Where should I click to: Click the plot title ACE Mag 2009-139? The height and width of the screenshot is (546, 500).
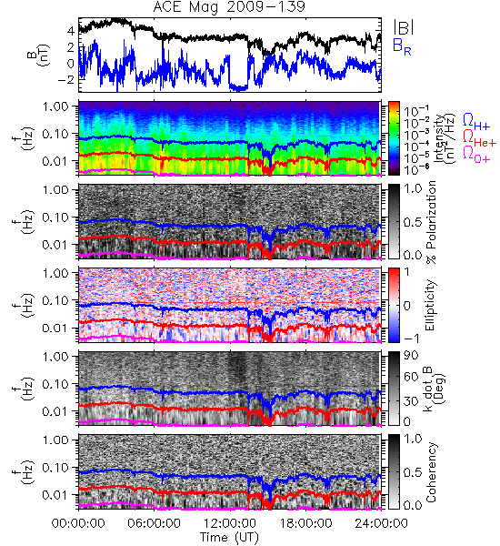pyautogui.click(x=229, y=7)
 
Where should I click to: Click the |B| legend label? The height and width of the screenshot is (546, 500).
pyautogui.click(x=404, y=27)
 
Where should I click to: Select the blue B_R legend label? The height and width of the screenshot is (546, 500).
pyautogui.click(x=402, y=46)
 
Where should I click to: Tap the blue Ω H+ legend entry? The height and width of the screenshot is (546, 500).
pyautogui.click(x=476, y=122)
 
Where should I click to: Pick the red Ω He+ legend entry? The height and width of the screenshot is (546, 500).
pyautogui.click(x=479, y=138)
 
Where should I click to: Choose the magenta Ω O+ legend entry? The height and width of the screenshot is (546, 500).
pyautogui.click(x=476, y=155)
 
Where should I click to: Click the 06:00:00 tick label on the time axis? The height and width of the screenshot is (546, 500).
pyautogui.click(x=155, y=523)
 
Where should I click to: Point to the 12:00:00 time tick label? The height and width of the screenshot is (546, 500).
pyautogui.click(x=230, y=523)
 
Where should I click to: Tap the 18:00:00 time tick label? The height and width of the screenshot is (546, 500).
pyautogui.click(x=305, y=523)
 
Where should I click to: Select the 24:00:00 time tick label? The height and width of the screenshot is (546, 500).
pyautogui.click(x=381, y=523)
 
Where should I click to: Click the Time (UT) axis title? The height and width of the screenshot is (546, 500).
pyautogui.click(x=230, y=538)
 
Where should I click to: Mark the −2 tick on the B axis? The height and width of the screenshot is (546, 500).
pyautogui.click(x=66, y=79)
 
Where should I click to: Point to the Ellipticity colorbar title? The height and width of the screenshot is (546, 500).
pyautogui.click(x=430, y=305)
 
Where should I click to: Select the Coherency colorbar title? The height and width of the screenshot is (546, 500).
pyautogui.click(x=431, y=472)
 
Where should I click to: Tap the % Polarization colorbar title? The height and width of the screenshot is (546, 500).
pyautogui.click(x=431, y=222)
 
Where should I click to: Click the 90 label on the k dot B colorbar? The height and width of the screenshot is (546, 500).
pyautogui.click(x=411, y=356)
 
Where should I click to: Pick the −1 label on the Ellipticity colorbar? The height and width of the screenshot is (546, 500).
pyautogui.click(x=411, y=339)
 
